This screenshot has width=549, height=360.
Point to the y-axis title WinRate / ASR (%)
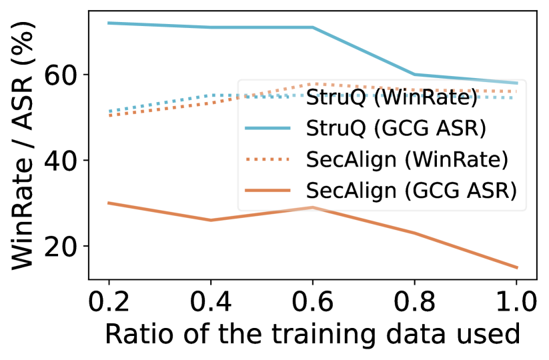(x=25, y=145)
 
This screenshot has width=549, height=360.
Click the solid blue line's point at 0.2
(x=108, y=23)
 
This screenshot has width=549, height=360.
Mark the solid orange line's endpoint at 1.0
(x=517, y=268)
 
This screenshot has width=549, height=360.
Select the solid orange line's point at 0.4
(x=211, y=220)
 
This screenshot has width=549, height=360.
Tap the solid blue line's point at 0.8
(x=415, y=74)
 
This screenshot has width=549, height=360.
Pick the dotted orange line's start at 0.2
(x=108, y=115)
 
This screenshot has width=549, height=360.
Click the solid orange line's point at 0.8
(x=415, y=233)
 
